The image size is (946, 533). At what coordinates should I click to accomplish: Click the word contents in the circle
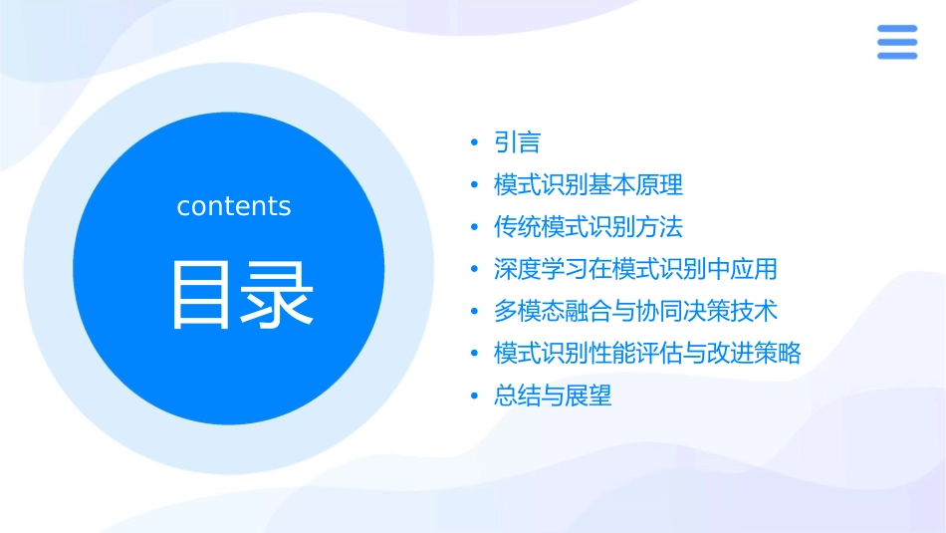pos(234,206)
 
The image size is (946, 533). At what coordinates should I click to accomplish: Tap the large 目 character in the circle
pos(201,295)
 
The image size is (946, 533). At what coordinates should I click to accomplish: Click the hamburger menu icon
pos(896,43)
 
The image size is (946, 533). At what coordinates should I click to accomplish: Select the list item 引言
pos(517,142)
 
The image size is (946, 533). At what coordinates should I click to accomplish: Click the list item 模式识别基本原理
pos(589,184)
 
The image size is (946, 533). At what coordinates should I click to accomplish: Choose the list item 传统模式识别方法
pos(589,227)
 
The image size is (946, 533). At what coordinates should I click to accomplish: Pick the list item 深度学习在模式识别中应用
pos(635,269)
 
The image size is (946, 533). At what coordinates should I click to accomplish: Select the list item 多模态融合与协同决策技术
pos(635,311)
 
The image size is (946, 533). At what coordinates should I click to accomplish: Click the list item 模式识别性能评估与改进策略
pos(647,353)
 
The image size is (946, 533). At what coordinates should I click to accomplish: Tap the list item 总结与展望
pos(553,396)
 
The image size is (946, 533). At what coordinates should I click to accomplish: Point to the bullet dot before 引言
pos(475,143)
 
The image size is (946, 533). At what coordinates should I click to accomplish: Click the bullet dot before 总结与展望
pos(475,397)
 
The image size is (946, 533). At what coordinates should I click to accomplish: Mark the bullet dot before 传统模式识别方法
pos(475,228)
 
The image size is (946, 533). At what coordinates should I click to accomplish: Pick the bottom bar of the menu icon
pos(896,56)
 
